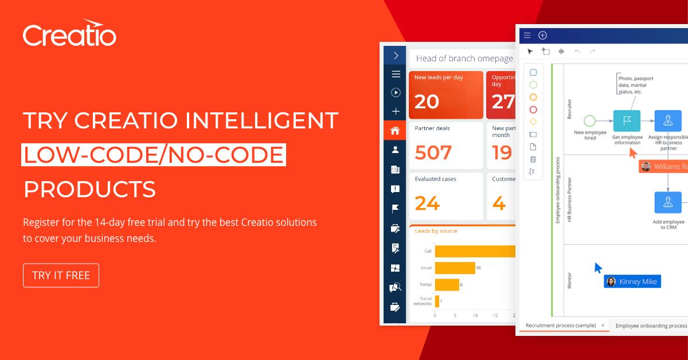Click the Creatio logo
pos(69,35)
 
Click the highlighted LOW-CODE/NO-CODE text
pos(153,155)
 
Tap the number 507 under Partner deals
pos(433,152)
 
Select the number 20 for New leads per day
pos(427,101)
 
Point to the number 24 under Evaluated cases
pos(427,203)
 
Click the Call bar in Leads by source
pos(475,251)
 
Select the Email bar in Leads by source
pos(455,268)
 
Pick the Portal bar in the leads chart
pos(447,284)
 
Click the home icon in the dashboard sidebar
pos(395,130)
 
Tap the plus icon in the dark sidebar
pos(395,111)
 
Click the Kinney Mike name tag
pos(632,281)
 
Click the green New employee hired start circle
pos(589,121)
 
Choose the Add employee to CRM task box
pos(668,202)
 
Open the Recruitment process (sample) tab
pos(560,326)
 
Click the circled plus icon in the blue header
pos(542,36)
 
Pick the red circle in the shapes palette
pos(533,109)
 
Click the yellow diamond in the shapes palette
pos(533,122)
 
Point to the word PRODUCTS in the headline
pos(89,189)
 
